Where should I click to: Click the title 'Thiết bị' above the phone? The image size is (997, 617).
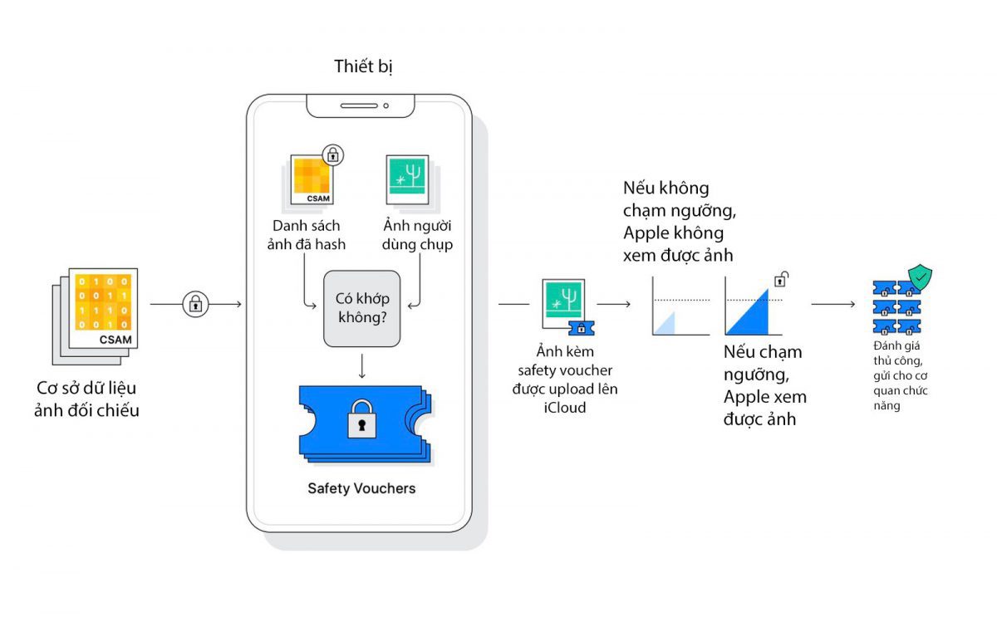363,66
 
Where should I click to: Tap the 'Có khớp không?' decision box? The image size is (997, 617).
362,308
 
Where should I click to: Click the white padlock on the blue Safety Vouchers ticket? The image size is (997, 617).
361,419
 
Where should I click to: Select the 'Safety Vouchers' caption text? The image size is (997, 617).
361,488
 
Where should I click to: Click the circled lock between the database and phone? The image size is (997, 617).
195,304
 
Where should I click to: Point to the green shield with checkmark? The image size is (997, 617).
920,277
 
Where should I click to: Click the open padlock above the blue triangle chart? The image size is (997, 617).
781,279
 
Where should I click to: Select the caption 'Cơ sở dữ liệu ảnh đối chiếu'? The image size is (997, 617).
86,399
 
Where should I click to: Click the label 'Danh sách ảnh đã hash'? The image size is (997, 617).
307,235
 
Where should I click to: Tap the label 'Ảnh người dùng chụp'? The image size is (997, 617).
417,235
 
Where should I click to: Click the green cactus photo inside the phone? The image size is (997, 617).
407,179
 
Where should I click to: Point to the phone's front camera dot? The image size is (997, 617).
386,105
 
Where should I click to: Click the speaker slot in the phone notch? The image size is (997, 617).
359,105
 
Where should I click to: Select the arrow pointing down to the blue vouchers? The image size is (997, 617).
362,366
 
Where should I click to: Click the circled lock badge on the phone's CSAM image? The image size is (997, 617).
333,154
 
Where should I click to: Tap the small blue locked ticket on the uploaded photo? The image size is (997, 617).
582,328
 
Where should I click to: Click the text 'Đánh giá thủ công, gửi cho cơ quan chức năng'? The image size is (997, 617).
900,375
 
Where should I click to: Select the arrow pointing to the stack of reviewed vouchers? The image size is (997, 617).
832,304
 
